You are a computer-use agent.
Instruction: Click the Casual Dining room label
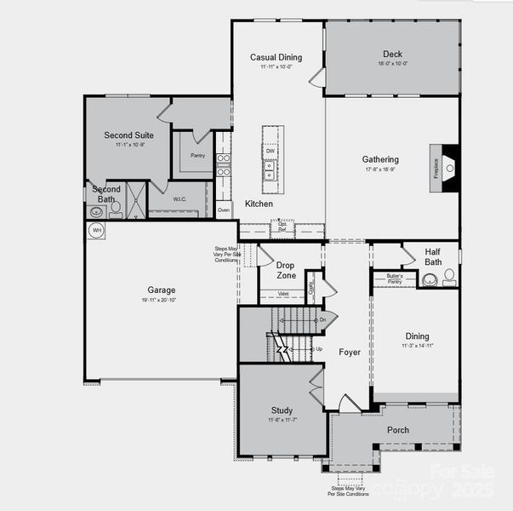click(x=276, y=57)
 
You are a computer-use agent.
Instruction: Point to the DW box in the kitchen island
click(x=271, y=151)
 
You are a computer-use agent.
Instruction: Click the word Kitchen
click(x=259, y=204)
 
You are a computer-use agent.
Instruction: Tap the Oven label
click(x=224, y=209)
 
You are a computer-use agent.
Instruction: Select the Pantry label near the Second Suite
click(x=197, y=156)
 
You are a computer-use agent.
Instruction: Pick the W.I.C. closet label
click(x=180, y=199)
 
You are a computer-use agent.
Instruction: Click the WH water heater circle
click(x=96, y=230)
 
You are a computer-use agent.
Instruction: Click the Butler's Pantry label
click(x=394, y=278)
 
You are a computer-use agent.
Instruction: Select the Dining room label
click(x=417, y=336)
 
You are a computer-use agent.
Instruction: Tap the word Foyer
click(x=349, y=352)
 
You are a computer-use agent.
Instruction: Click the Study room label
click(x=282, y=410)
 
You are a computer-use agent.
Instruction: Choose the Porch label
click(x=397, y=430)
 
